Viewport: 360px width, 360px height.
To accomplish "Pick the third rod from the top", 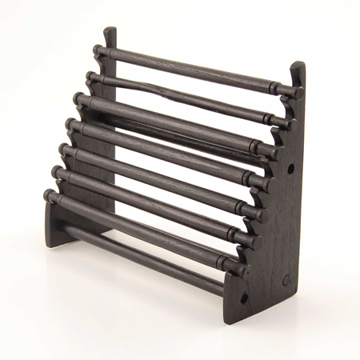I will click(176, 121).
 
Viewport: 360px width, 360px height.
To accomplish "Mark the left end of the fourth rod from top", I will click(71, 124).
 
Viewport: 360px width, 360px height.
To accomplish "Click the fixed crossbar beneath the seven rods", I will click(144, 252).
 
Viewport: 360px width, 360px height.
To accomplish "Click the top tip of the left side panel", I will click(110, 30).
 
